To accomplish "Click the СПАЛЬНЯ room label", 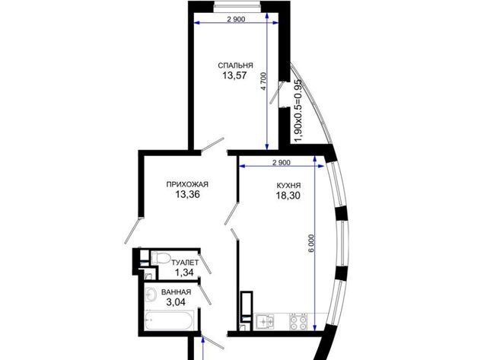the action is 235,65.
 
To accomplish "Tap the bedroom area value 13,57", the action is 234,75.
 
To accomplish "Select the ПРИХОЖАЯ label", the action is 187,184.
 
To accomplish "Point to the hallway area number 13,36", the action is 187,195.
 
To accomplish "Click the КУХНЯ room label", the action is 288,186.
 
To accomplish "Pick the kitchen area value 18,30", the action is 288,196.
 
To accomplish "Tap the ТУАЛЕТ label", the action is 185,263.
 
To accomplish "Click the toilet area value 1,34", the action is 184,272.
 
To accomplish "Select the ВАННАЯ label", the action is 176,292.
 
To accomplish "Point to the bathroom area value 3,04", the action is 176,302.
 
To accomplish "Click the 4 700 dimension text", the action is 263,81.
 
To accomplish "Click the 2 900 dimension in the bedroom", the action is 236,19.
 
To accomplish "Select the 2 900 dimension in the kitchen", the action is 282,162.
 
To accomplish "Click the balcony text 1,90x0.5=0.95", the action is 298,110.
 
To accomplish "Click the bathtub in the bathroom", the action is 170,320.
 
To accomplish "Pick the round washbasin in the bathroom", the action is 151,294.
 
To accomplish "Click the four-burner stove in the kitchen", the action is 298,321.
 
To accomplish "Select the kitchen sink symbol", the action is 265,321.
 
